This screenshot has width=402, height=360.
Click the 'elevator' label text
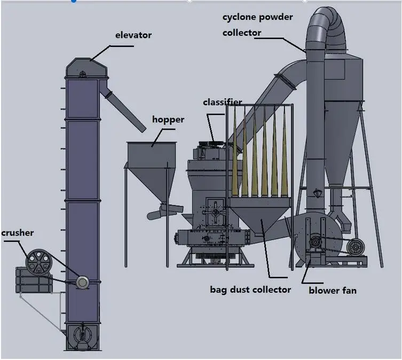(133, 35)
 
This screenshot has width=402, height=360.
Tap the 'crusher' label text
(17, 233)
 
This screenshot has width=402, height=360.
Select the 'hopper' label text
(168, 119)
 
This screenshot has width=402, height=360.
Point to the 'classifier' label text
(222, 102)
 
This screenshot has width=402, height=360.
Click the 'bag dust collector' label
(250, 289)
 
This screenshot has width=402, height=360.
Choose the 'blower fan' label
(333, 291)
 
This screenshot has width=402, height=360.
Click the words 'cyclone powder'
(258, 17)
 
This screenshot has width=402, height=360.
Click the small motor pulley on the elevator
(82, 281)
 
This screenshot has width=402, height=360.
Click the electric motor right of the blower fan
(354, 247)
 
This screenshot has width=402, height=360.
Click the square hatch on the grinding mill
(216, 212)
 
